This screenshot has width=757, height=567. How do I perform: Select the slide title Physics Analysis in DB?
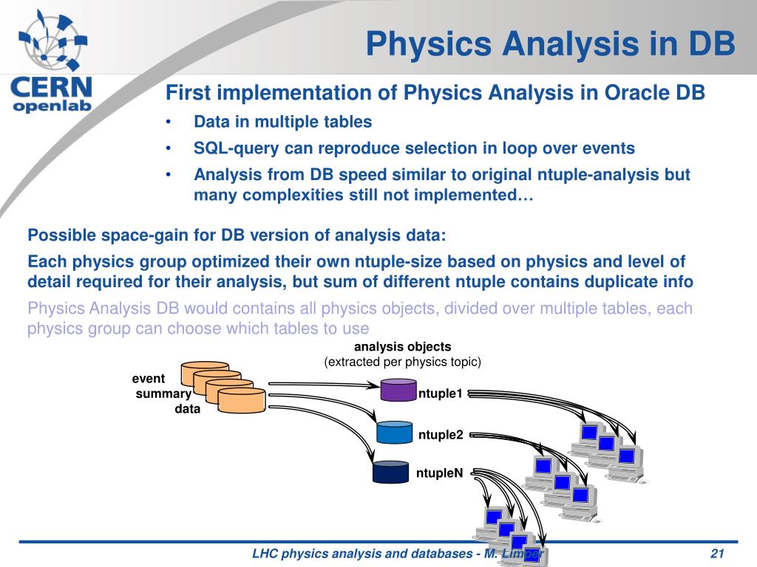tap(550, 44)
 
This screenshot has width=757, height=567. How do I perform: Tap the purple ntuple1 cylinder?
tap(398, 390)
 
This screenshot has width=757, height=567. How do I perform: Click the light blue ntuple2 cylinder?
tap(395, 432)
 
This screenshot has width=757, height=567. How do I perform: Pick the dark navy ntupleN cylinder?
tap(391, 472)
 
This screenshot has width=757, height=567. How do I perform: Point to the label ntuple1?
tap(441, 394)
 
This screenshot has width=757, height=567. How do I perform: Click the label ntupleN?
tap(439, 473)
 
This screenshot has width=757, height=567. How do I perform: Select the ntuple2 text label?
tap(441, 435)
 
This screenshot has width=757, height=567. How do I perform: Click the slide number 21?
tap(717, 553)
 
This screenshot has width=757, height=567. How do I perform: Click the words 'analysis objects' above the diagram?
tap(403, 347)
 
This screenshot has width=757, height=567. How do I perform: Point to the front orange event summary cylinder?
tap(242, 400)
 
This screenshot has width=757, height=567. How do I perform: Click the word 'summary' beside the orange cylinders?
tap(163, 394)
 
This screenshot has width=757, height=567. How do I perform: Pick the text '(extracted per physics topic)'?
tap(403, 362)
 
